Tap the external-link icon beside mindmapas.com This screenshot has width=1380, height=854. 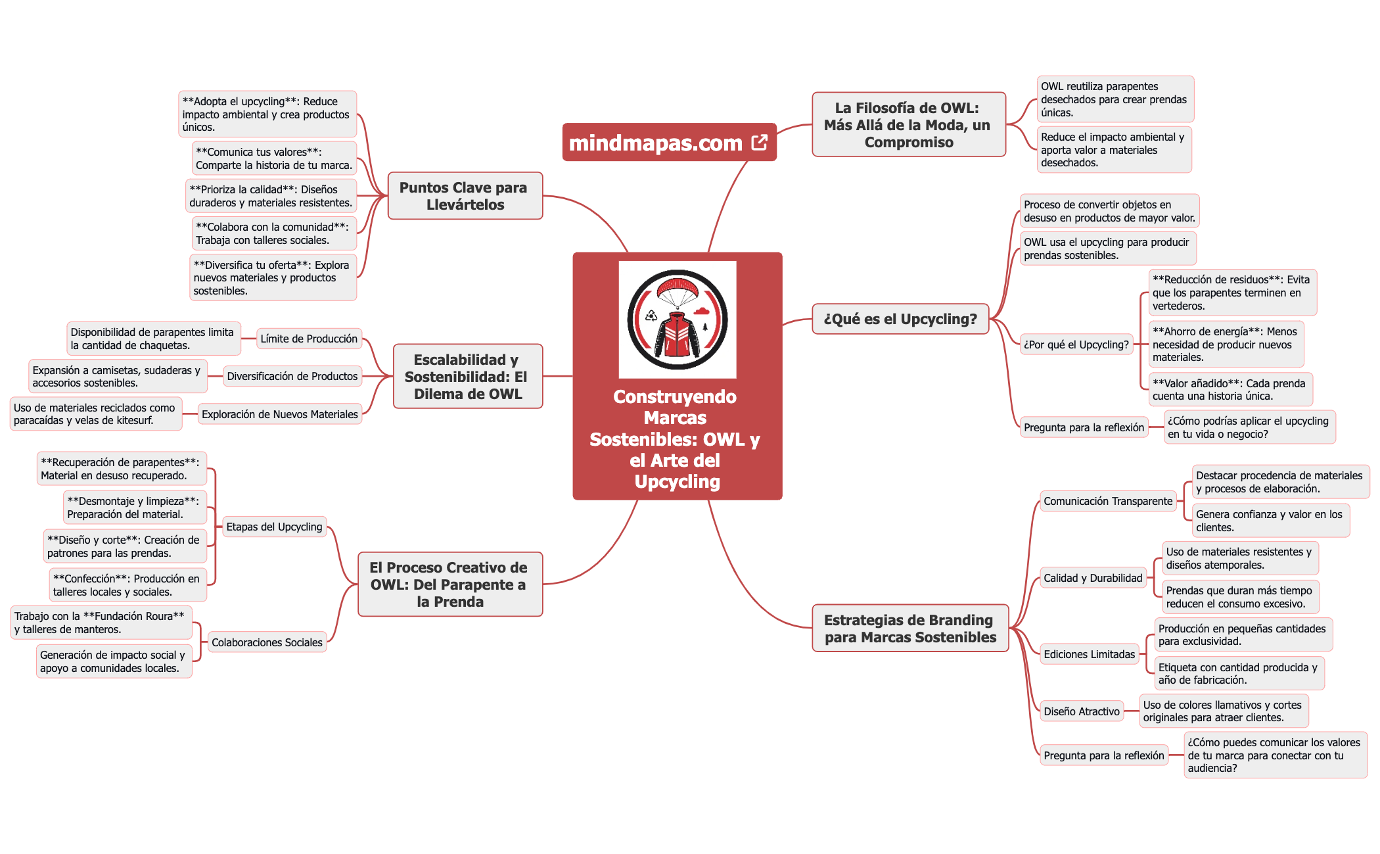click(x=759, y=143)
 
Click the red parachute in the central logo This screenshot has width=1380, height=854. click(x=677, y=290)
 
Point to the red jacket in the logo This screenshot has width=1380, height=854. click(x=677, y=334)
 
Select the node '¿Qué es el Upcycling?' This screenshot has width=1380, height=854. click(x=900, y=319)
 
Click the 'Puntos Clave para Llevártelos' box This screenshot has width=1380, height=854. click(x=465, y=196)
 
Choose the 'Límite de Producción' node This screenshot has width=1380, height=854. click(x=309, y=339)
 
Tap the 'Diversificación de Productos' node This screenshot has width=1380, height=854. click(x=292, y=376)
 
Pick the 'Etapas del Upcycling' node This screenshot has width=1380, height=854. click(x=274, y=527)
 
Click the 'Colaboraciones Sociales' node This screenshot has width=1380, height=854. click(x=267, y=642)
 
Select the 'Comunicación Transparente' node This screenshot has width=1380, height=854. click(x=1108, y=501)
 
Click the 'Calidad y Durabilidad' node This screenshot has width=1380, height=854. click(x=1093, y=578)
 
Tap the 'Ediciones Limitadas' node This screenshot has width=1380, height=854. click(x=1089, y=654)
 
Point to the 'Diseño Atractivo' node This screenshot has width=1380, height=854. click(x=1082, y=711)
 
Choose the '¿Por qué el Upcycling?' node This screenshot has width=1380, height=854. click(x=1076, y=344)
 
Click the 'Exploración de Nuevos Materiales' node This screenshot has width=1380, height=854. click(x=279, y=414)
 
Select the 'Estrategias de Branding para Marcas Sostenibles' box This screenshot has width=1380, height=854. click(x=910, y=629)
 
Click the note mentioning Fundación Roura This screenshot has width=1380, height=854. click(x=100, y=623)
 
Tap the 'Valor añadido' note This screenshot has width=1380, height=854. click(x=1229, y=389)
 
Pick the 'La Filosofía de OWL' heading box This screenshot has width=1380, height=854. click(x=908, y=125)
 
